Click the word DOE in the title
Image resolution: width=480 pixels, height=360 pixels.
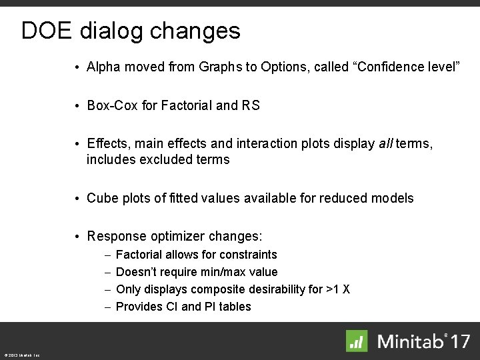(47, 31)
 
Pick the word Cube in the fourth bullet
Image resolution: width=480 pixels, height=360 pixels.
(101, 198)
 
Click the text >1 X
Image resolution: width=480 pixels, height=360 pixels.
(338, 289)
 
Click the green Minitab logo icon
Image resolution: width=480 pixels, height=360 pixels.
(357, 341)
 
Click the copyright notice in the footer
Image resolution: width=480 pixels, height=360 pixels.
(21, 355)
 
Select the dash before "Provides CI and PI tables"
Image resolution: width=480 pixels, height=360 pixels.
(108, 307)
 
